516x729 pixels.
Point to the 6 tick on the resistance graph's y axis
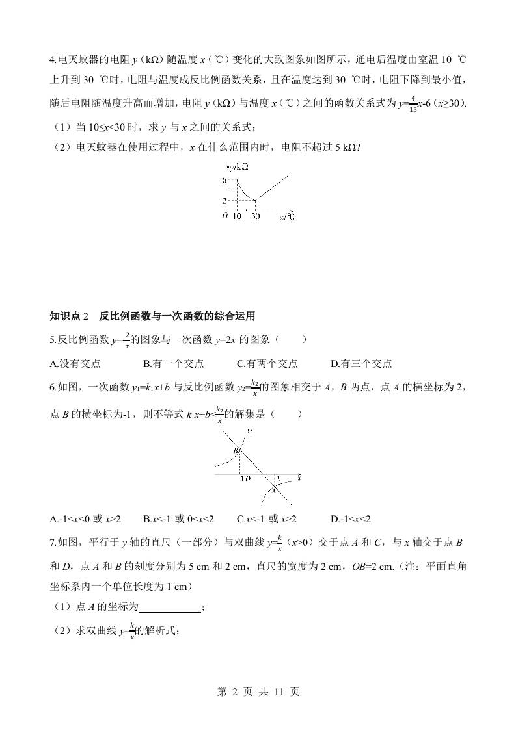(224, 179)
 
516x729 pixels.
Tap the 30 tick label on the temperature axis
(255, 216)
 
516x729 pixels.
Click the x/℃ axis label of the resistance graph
(288, 216)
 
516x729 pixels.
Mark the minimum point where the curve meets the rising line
(255, 200)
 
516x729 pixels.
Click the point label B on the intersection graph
(237, 450)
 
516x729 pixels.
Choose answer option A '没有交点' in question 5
(75, 364)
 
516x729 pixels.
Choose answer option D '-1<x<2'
(352, 518)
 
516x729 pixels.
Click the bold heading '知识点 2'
(72, 316)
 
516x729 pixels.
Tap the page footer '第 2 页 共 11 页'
(258, 691)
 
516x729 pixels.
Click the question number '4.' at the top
(53, 60)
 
